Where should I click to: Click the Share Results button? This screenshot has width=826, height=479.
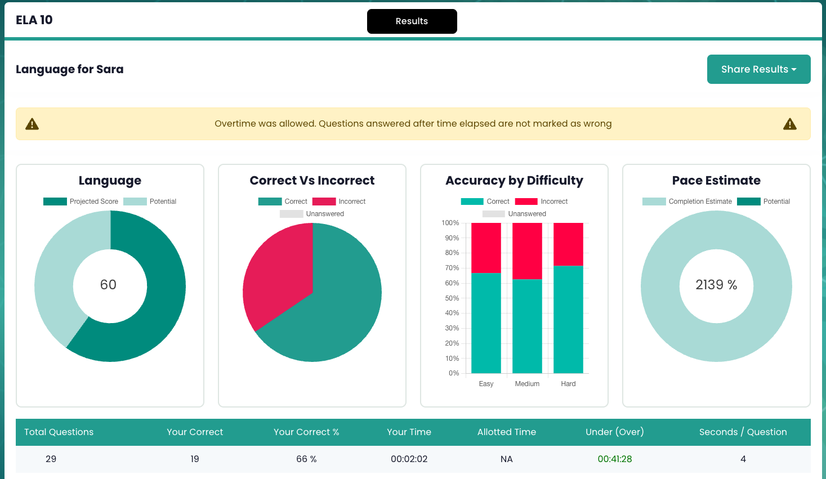pos(758,69)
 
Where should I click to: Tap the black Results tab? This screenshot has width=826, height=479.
pos(412,21)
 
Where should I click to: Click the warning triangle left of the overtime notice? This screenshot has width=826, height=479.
pos(32,124)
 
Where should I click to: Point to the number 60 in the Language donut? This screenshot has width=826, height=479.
pos(108,285)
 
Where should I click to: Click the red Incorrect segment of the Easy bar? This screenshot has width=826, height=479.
pos(486,248)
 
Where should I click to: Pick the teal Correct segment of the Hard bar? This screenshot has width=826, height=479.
pos(568,319)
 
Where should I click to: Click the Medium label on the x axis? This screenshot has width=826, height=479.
pos(527,383)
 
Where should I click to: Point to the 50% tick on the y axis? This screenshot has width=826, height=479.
pos(452,298)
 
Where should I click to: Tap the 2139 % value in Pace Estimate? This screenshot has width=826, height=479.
pos(716,285)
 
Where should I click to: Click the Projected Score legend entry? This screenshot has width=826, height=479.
pos(81,202)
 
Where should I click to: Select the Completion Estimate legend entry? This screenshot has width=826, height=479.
pos(687,202)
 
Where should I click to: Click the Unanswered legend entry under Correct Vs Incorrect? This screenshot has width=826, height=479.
pos(311,214)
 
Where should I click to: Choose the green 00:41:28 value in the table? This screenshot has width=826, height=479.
pos(615,459)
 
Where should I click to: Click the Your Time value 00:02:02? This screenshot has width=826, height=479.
pos(409,459)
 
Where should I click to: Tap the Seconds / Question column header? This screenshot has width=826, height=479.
pos(743,432)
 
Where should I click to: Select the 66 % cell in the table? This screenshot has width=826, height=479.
pos(306,459)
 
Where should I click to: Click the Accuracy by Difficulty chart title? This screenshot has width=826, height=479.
pos(514,180)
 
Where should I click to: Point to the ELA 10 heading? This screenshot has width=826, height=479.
pos(34,20)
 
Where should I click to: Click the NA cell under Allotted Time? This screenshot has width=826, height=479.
pos(507,459)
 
